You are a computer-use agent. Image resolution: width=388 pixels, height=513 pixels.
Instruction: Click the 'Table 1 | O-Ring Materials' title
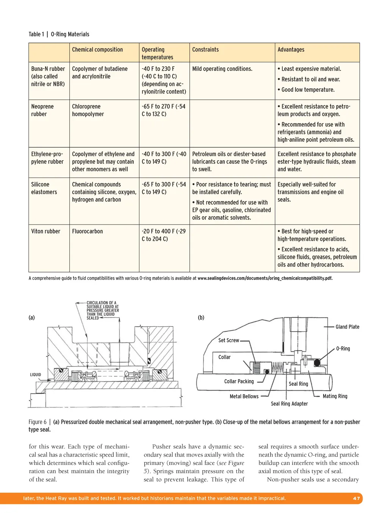click(59, 34)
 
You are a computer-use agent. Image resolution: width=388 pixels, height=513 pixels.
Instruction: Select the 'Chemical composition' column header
click(97, 50)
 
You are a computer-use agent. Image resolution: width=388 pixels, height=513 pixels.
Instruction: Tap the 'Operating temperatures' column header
click(157, 53)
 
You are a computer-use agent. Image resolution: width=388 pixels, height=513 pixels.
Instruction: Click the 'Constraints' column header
click(205, 50)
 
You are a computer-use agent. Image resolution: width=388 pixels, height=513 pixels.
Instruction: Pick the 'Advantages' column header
click(291, 50)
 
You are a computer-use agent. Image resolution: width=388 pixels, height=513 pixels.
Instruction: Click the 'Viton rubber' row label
click(45, 231)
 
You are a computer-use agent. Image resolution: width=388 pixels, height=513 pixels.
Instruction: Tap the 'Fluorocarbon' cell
click(87, 231)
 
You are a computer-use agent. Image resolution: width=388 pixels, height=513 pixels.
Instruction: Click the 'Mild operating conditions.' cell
click(222, 69)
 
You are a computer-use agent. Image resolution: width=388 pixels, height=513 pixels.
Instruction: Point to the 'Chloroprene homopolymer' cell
click(88, 110)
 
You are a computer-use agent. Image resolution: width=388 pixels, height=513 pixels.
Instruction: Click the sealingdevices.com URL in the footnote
click(265, 278)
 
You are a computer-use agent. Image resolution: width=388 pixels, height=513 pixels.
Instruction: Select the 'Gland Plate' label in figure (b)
click(347, 327)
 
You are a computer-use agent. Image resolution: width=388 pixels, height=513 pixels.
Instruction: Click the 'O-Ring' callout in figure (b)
click(343, 349)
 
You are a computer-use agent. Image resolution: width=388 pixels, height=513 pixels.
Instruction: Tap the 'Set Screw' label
click(228, 340)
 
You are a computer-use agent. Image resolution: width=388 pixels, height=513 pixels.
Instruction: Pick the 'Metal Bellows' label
click(244, 396)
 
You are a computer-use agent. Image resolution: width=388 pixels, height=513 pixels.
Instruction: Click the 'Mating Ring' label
click(335, 396)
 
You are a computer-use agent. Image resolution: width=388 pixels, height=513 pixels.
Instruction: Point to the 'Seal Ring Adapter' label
click(289, 404)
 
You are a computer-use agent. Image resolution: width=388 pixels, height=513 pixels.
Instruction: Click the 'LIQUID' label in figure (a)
click(36, 375)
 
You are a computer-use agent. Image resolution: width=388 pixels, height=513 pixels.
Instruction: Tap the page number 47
click(356, 498)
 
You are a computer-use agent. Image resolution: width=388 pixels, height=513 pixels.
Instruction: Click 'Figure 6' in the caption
click(38, 422)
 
